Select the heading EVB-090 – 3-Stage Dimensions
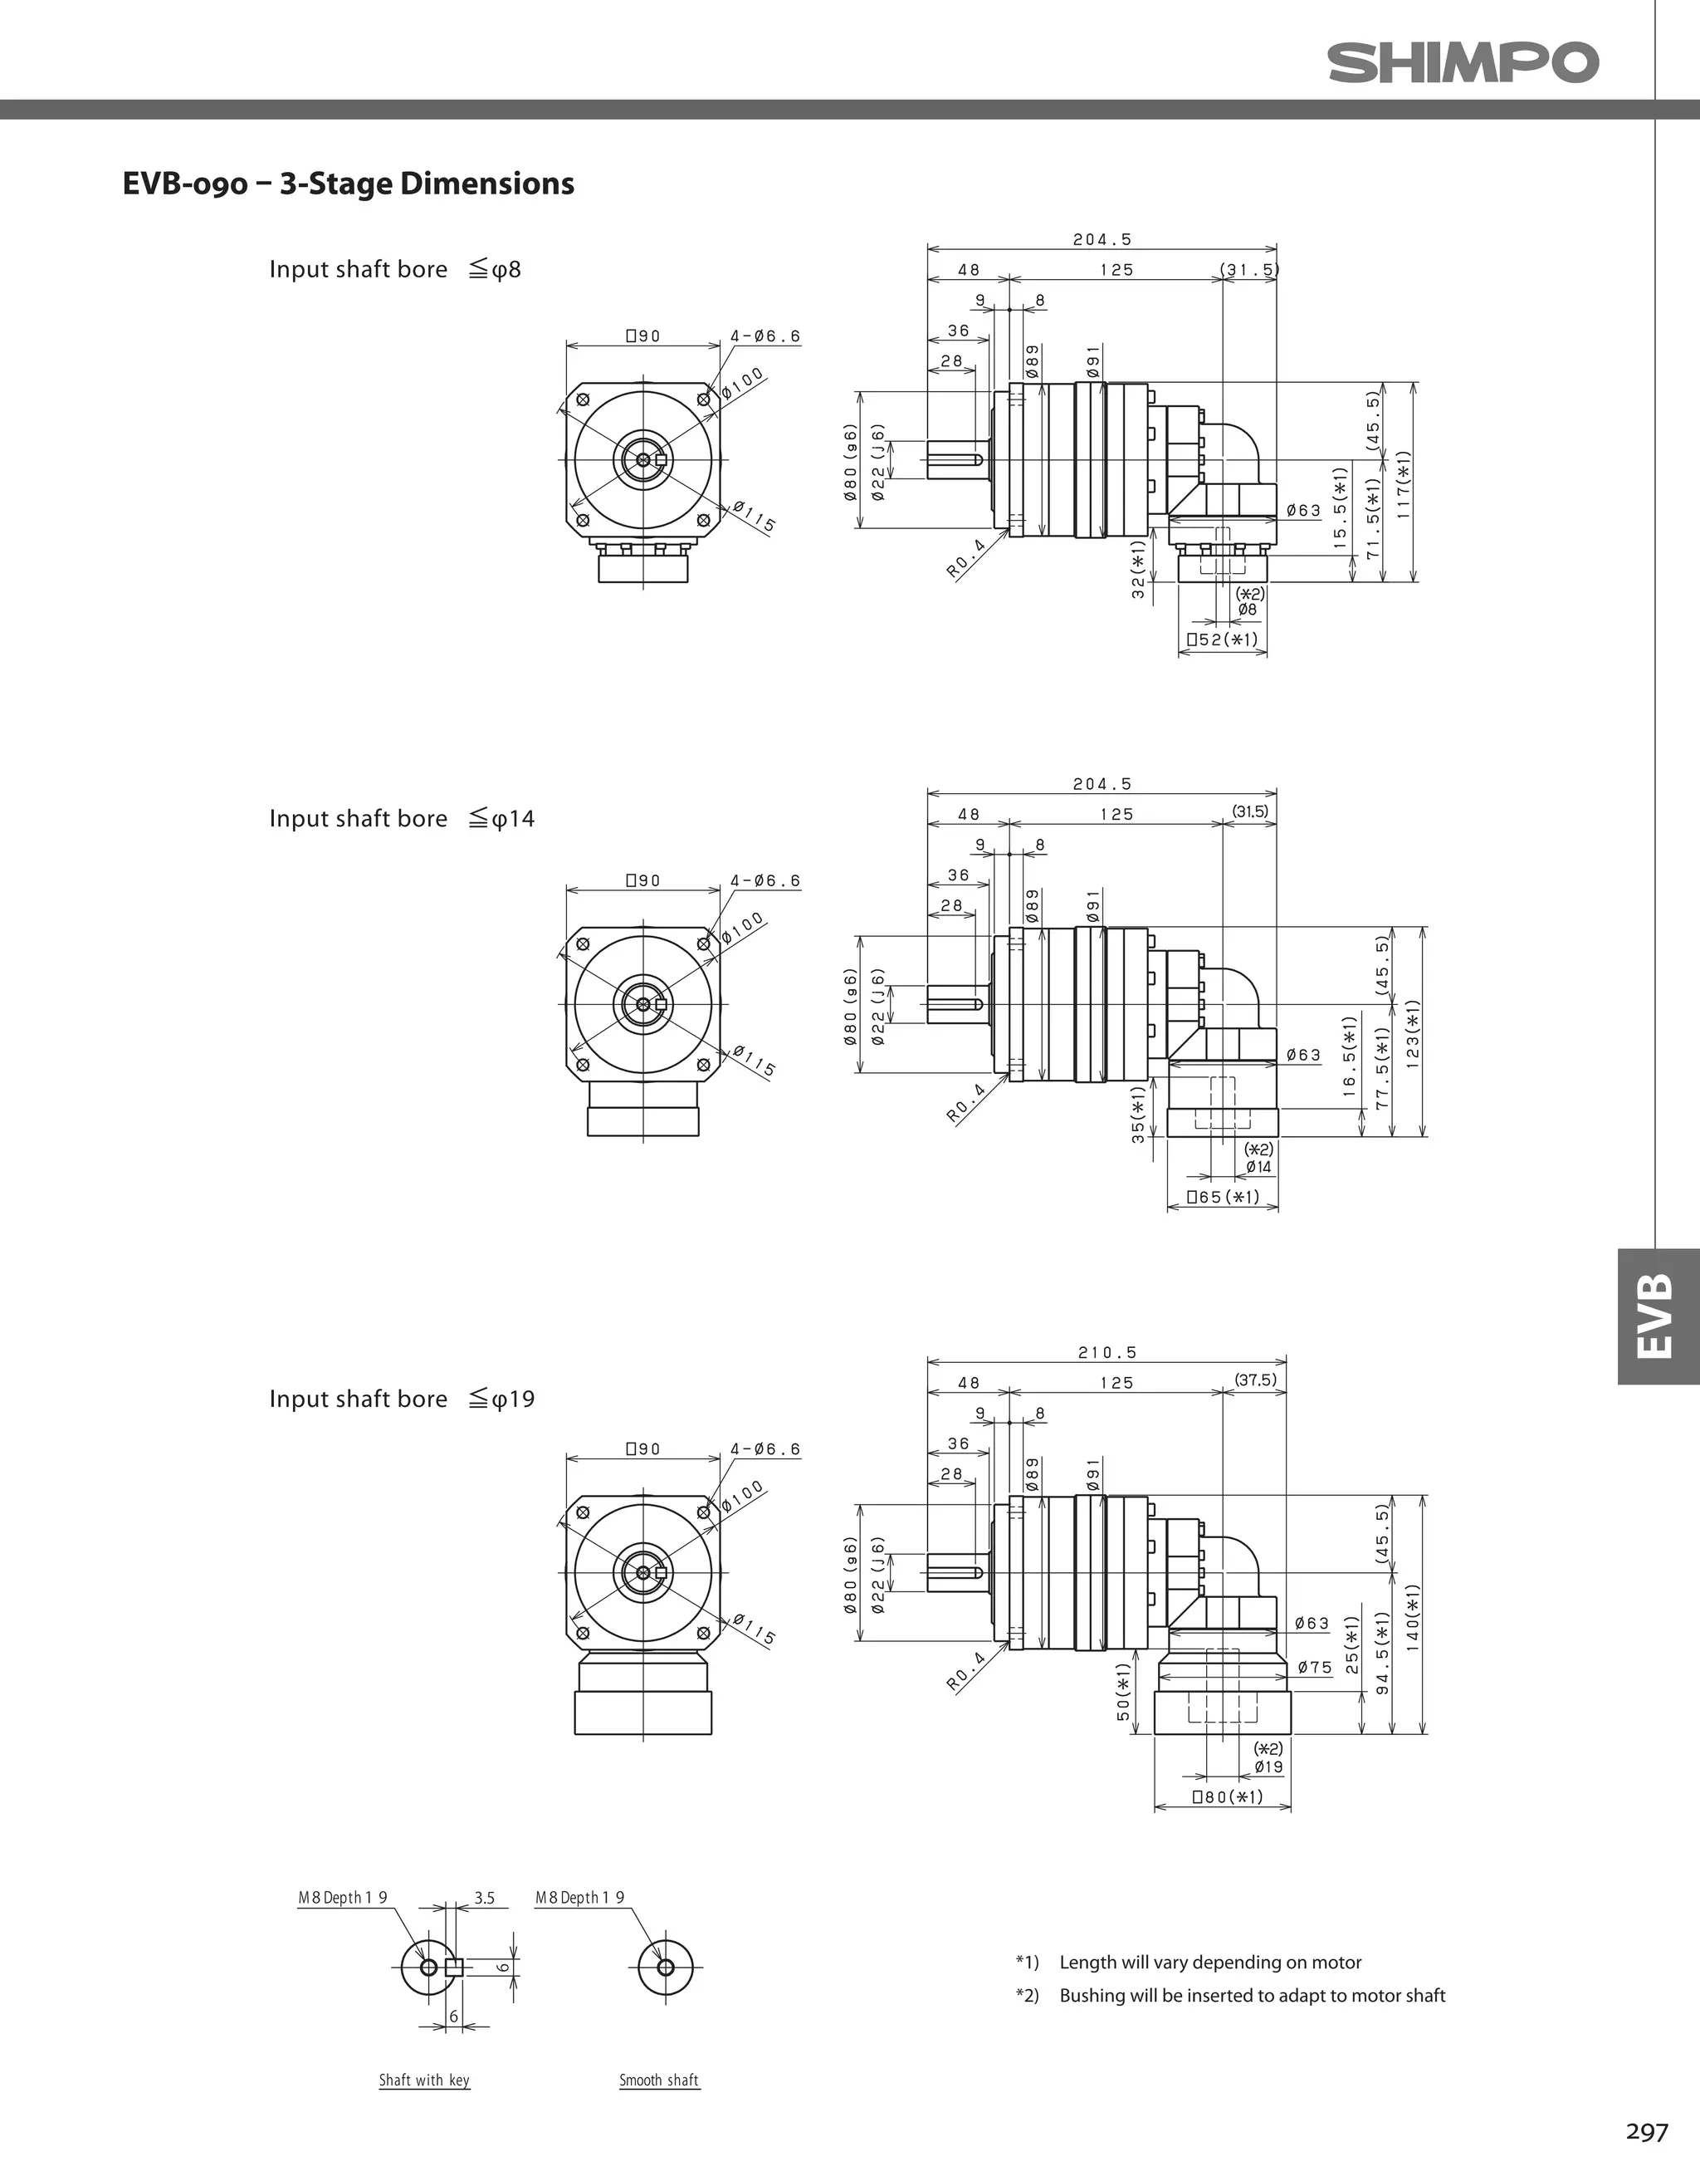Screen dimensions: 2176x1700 pyautogui.click(x=348, y=184)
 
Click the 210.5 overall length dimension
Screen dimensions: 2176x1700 pyautogui.click(x=1106, y=1352)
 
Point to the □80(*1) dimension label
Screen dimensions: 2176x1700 pyautogui.click(x=1227, y=1796)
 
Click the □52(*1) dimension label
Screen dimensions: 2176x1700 pyautogui.click(x=1222, y=640)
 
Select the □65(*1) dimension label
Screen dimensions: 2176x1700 pyautogui.click(x=1223, y=1197)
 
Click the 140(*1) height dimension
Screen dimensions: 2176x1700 pyautogui.click(x=1412, y=1617)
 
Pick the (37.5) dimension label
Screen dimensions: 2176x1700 pyautogui.click(x=1255, y=1380)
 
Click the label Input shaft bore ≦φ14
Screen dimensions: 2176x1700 pyautogui.click(x=402, y=819)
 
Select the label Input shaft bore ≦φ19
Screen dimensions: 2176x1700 pyautogui.click(x=402, y=1399)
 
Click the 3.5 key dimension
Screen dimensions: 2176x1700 pyautogui.click(x=484, y=1898)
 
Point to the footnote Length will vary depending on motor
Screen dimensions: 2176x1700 pyautogui.click(x=1210, y=1962)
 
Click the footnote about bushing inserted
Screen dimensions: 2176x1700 pyautogui.click(x=1252, y=1995)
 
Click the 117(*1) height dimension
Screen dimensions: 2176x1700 pyautogui.click(x=1403, y=483)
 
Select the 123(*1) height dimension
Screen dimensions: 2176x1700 pyautogui.click(x=1412, y=1033)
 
